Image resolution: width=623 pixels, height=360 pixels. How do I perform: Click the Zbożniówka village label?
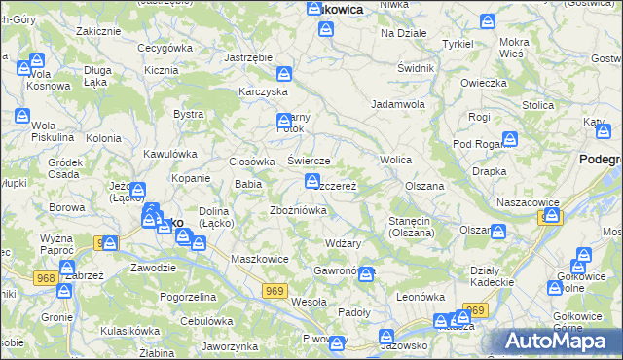[298, 210]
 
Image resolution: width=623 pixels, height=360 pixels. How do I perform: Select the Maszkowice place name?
[257, 259]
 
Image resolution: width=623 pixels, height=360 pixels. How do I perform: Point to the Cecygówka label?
[165, 47]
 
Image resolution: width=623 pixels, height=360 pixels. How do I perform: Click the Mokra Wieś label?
[513, 49]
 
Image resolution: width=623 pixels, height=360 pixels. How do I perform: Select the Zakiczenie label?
[97, 31]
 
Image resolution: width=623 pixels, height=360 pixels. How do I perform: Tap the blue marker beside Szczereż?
[312, 181]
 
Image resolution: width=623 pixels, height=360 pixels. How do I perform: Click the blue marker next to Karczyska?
[284, 74]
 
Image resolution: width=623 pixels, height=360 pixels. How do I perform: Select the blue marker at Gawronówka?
[365, 274]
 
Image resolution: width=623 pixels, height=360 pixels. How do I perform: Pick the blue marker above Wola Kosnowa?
[24, 67]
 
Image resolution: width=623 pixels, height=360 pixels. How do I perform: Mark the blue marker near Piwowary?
[337, 342]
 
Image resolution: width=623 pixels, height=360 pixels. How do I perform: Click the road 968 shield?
[45, 252]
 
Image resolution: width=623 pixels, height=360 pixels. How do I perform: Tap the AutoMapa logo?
[564, 342]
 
